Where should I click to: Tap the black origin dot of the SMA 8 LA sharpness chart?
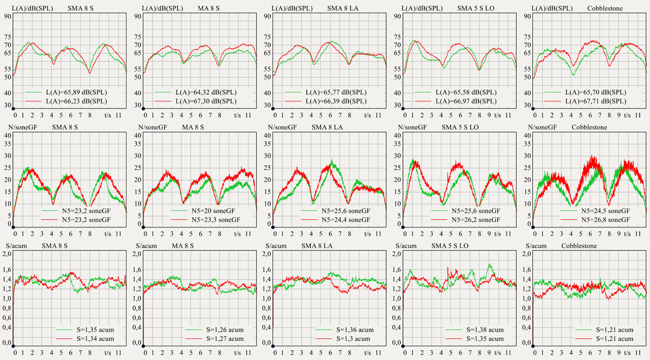[273, 346]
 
